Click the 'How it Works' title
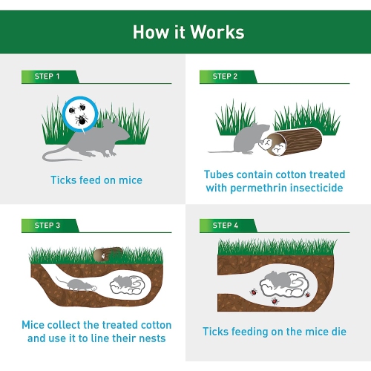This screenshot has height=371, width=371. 188,32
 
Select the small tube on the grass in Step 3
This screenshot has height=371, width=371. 108,255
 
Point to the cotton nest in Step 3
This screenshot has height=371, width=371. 132,283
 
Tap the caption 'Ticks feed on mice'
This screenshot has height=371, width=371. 96,180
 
